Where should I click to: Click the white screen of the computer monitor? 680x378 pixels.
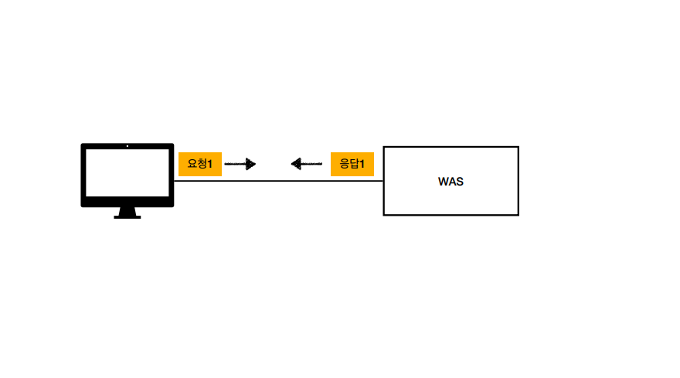click(x=127, y=172)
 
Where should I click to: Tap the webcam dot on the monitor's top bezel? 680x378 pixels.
click(x=127, y=145)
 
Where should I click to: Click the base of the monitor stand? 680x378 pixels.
click(x=127, y=216)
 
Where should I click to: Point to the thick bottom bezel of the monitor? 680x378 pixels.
click(x=127, y=203)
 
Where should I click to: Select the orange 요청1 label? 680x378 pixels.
click(x=200, y=164)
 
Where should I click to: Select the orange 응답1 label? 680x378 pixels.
click(x=352, y=164)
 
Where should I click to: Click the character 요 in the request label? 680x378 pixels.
click(x=192, y=164)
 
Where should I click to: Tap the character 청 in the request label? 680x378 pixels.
click(x=202, y=164)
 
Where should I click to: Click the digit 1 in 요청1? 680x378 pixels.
click(x=210, y=164)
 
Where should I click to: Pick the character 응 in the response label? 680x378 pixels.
click(x=345, y=164)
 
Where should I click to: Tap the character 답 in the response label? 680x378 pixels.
click(x=355, y=164)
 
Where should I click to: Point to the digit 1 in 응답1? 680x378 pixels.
click(x=362, y=164)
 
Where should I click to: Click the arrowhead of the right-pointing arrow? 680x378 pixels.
click(x=250, y=164)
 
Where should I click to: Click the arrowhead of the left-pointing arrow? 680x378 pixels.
click(x=296, y=164)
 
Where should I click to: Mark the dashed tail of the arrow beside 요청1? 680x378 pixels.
click(x=234, y=164)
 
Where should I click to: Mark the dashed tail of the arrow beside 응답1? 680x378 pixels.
click(x=312, y=164)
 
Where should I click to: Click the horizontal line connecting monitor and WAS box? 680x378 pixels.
click(x=278, y=181)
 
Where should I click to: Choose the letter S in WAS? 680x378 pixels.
click(x=460, y=182)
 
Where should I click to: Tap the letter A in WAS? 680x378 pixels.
click(x=452, y=182)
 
